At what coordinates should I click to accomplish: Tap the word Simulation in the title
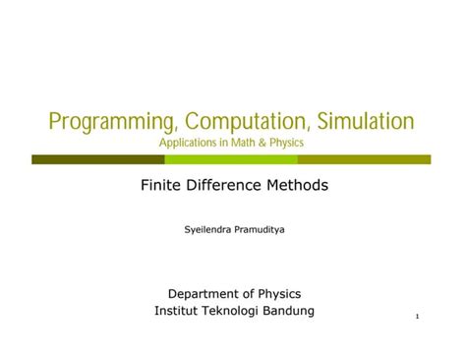point(359,122)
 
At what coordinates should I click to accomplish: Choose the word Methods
point(299,184)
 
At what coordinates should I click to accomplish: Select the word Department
point(204,293)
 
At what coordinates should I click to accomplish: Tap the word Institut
point(176,311)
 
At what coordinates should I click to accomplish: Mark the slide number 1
point(419,317)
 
